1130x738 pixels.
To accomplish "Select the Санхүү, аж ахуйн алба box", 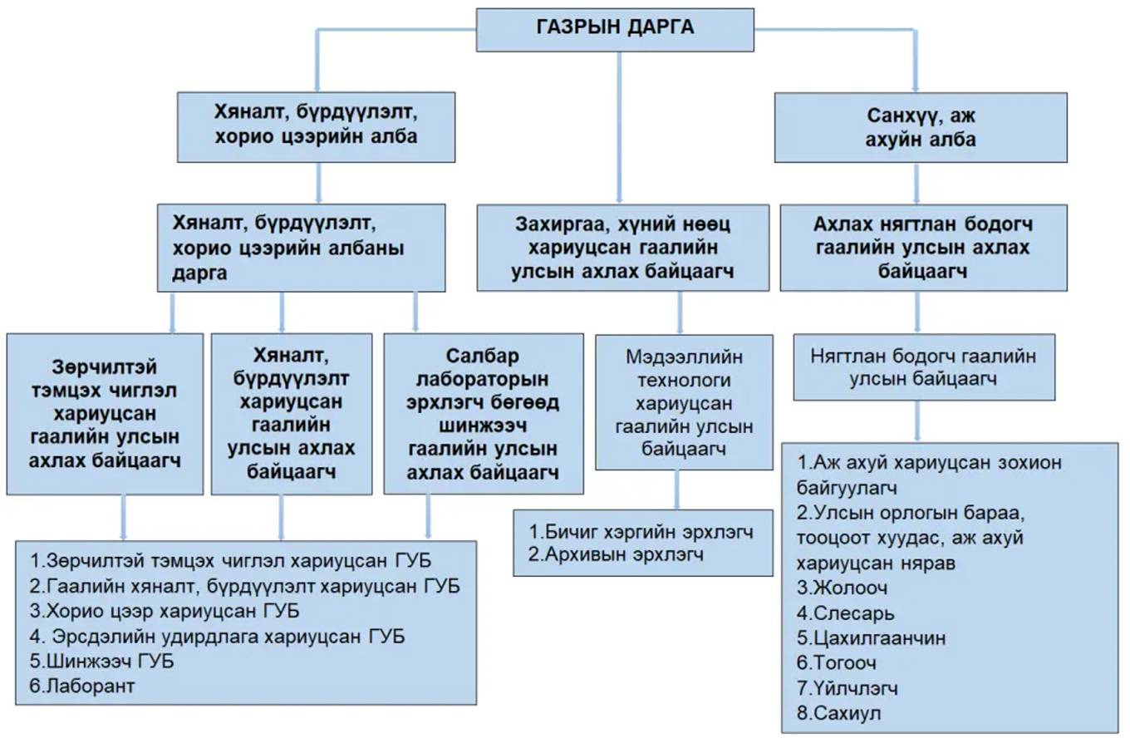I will point(920,127).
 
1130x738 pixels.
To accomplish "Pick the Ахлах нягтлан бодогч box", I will point(922,248).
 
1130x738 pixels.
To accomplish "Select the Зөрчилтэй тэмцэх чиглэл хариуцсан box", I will point(105,414).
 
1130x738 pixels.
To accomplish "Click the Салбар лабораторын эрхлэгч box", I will point(483,414).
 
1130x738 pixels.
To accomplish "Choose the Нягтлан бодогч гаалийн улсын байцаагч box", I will point(923,367).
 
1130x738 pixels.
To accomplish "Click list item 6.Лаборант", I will point(81,686).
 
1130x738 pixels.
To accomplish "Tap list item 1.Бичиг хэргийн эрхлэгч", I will point(641,532).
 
